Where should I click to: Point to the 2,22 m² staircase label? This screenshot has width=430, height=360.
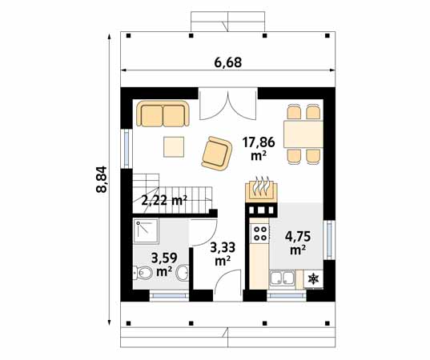[164, 201]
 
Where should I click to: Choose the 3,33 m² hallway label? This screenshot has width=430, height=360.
[222, 254]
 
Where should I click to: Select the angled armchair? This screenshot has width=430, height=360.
[216, 152]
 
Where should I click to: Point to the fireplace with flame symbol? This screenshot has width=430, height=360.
[260, 188]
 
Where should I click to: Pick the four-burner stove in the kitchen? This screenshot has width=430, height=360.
[259, 233]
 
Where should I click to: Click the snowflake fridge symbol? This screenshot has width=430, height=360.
[312, 280]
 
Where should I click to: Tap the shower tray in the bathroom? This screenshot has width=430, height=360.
[147, 232]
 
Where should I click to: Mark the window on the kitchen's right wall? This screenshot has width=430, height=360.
[327, 240]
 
